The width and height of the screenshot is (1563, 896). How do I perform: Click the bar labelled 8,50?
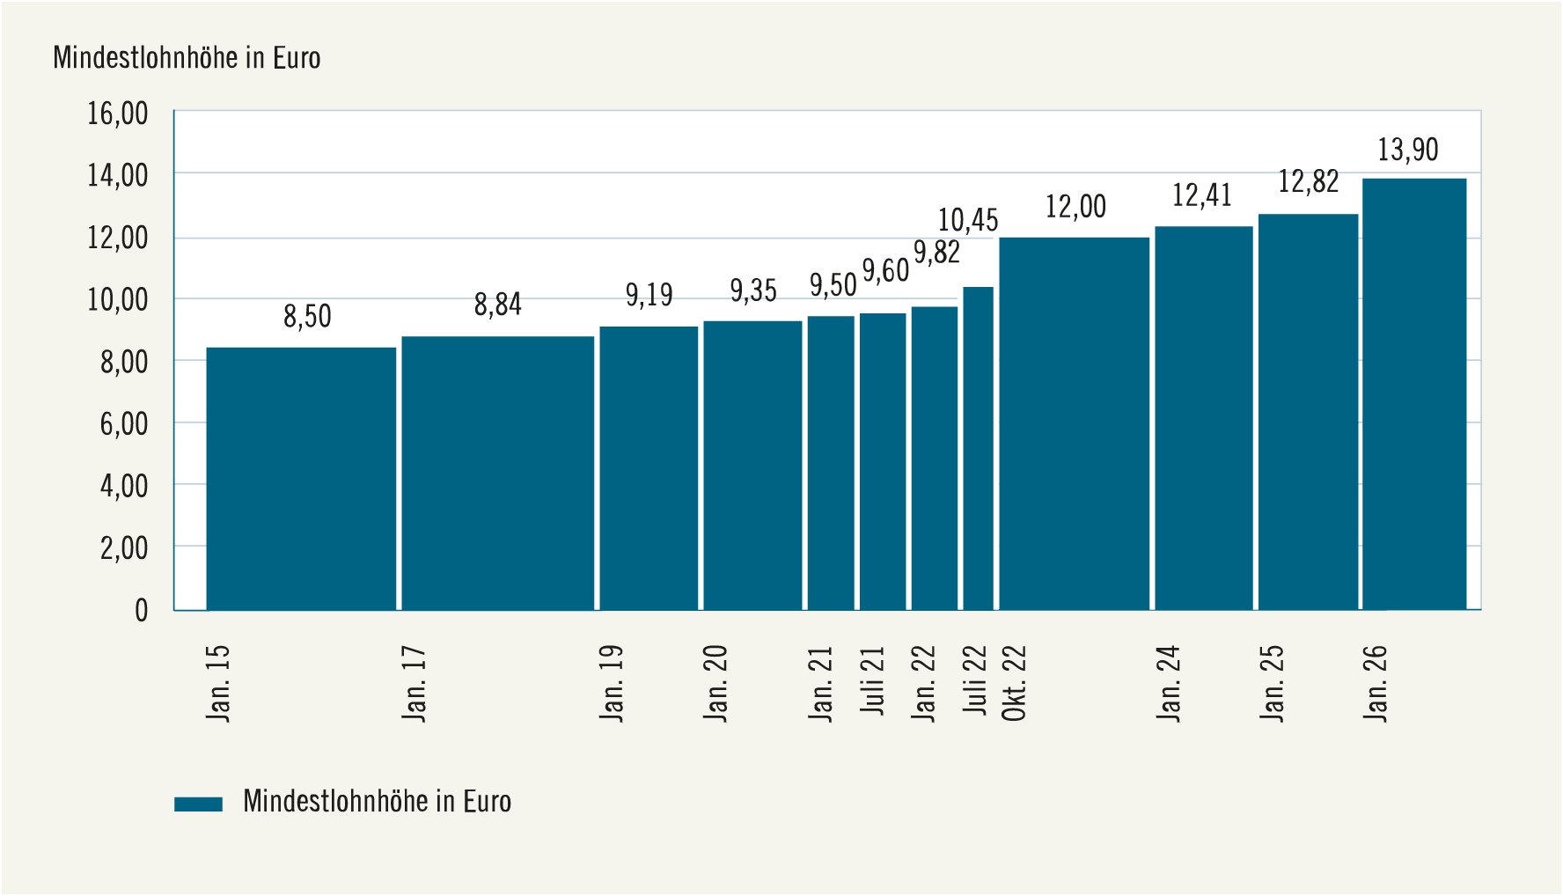(x=301, y=479)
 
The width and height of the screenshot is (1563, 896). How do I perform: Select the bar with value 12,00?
(x=1075, y=423)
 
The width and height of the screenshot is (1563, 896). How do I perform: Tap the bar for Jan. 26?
(x=1414, y=394)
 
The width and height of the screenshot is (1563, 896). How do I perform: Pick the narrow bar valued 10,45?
(x=978, y=448)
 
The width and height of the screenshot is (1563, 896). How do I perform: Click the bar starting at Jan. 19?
(x=649, y=468)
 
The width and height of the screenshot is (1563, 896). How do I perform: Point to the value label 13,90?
(x=1408, y=150)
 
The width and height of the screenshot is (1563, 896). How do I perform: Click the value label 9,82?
(x=936, y=253)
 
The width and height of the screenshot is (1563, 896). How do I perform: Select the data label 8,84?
(x=498, y=305)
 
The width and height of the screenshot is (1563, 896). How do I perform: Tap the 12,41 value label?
(x=1202, y=195)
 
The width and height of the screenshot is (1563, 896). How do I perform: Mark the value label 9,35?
(x=753, y=290)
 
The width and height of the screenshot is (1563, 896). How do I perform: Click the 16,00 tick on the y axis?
(x=117, y=114)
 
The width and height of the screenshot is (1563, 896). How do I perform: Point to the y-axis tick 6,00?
(x=124, y=424)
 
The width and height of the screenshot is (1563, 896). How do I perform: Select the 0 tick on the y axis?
(x=142, y=610)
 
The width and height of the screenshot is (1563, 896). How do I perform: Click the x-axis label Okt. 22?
(x=1014, y=683)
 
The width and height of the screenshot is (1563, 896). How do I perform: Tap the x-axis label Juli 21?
(x=872, y=680)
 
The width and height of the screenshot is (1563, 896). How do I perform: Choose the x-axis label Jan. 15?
(x=217, y=684)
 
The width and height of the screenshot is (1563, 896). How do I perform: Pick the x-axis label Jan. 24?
(x=1168, y=684)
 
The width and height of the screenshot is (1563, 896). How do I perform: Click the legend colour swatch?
(x=198, y=804)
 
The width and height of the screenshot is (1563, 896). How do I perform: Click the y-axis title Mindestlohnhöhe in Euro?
(x=187, y=58)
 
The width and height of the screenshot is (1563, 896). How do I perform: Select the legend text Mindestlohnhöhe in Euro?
(x=377, y=802)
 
